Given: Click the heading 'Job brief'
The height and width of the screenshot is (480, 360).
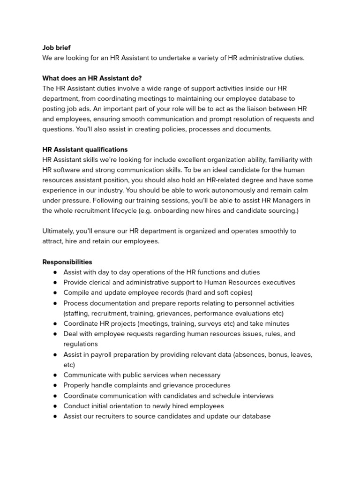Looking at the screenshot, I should tap(56, 48).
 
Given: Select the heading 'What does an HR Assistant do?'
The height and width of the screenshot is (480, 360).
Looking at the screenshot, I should tap(92, 78).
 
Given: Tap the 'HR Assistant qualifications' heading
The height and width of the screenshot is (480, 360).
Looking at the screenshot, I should tap(85, 150).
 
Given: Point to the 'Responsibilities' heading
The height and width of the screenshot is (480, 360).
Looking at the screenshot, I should tap(67, 262).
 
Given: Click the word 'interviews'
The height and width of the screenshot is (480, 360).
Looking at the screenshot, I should tap(256, 396).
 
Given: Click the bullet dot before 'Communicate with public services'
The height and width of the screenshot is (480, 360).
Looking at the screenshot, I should tap(55, 375).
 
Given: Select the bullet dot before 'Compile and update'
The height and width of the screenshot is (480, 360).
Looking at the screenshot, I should tap(55, 292).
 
